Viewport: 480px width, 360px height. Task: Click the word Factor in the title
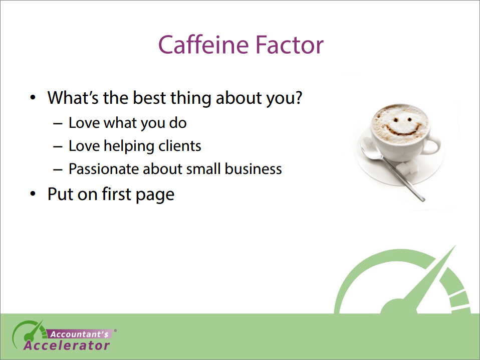(289, 45)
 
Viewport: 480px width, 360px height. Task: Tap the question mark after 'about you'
(298, 97)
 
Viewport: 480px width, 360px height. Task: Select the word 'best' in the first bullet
(149, 97)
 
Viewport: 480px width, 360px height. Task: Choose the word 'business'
(253, 168)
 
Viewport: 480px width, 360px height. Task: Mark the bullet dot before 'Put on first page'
(33, 194)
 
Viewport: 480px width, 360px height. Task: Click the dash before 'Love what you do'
(58, 124)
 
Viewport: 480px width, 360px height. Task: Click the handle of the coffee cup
(432, 146)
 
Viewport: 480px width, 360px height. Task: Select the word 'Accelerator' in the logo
(67, 345)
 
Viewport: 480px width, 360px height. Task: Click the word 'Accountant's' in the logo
(79, 334)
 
